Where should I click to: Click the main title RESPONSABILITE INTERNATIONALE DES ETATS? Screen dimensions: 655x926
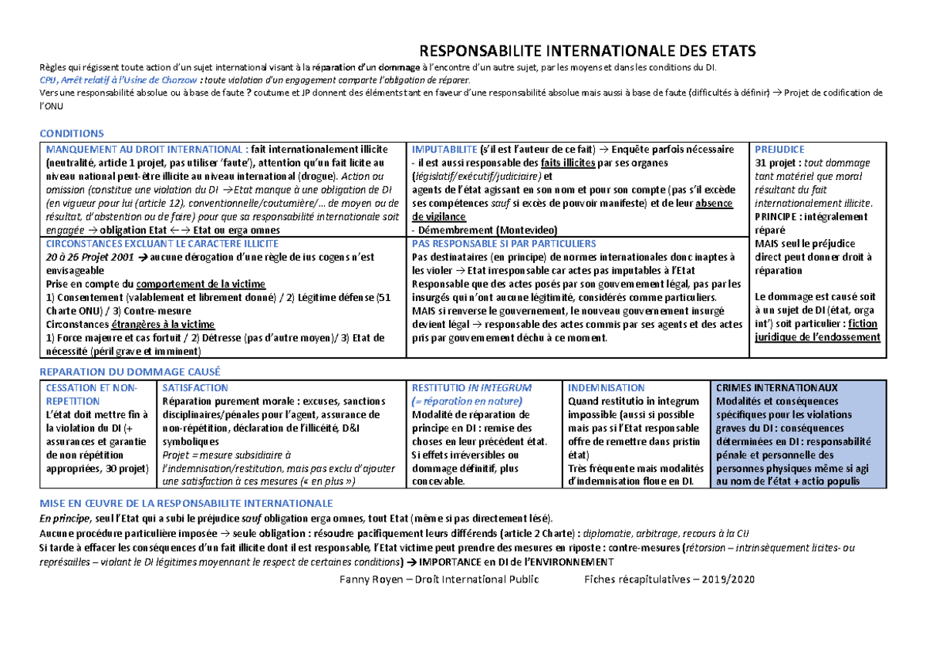586,52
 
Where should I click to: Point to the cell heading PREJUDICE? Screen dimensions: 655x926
779,149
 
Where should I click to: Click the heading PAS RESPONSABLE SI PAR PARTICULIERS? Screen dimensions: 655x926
504,244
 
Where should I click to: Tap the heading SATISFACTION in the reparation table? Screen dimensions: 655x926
195,387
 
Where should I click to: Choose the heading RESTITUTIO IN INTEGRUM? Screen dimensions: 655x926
471,387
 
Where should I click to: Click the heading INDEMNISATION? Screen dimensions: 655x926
606,387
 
